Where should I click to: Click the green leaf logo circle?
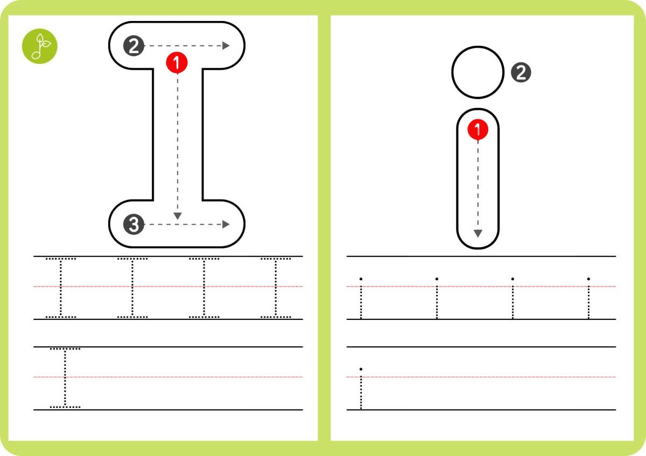click(40, 46)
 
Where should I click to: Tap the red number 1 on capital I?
click(177, 62)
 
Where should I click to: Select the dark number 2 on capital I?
click(134, 46)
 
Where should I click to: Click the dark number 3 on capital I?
click(134, 224)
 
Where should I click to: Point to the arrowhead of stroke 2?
click(226, 46)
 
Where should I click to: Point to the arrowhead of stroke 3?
click(226, 224)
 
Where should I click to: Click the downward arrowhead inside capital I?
click(178, 216)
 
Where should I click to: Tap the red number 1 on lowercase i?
click(478, 130)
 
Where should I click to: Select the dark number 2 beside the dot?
click(521, 73)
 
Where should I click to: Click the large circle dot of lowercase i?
click(478, 73)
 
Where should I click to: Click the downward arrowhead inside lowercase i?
click(478, 233)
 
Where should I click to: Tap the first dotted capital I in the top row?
click(60, 288)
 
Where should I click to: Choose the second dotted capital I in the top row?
click(132, 288)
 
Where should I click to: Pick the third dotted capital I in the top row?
click(204, 288)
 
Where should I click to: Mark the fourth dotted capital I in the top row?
click(276, 288)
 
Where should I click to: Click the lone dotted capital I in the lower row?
click(65, 378)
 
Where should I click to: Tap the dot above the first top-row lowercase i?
click(361, 279)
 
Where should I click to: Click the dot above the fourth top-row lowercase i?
click(588, 279)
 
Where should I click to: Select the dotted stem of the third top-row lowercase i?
click(512, 302)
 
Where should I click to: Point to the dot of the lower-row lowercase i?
click(361, 369)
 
